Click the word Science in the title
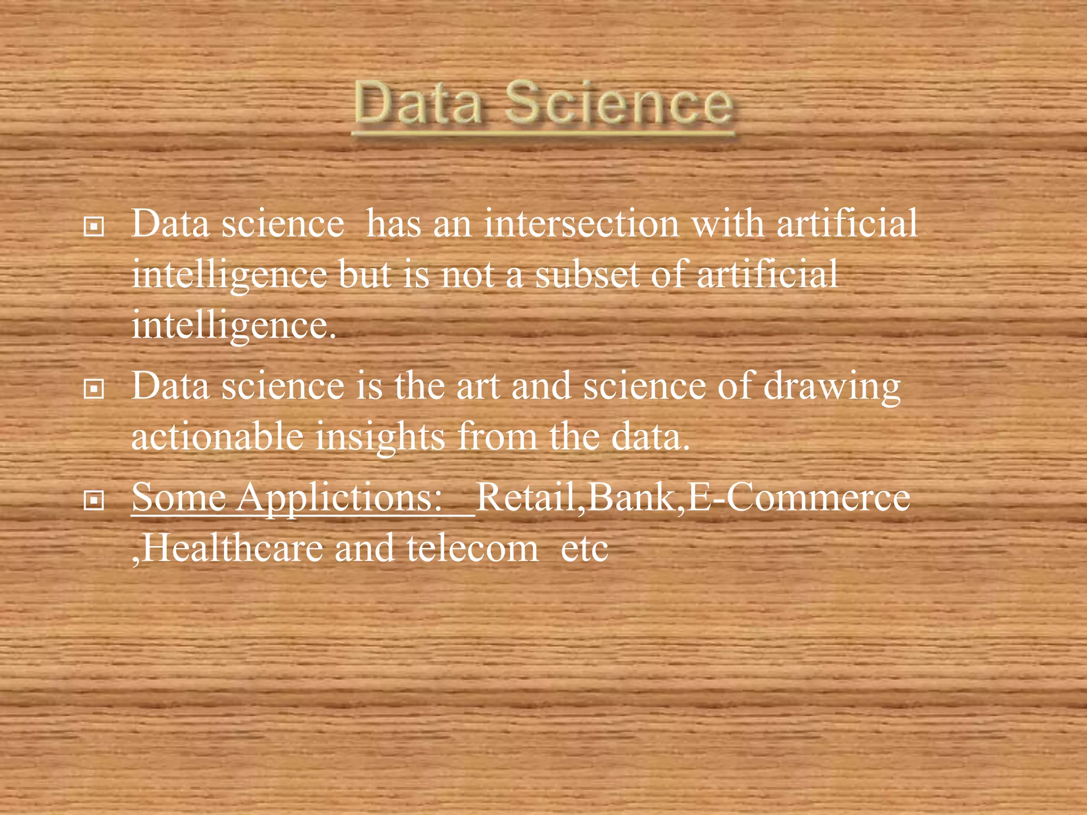pyautogui.click(x=619, y=103)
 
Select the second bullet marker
pyautogui.click(x=94, y=390)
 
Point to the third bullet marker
pyautogui.click(x=94, y=500)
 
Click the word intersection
pyautogui.click(x=581, y=224)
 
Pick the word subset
pyautogui.click(x=587, y=275)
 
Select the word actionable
pyautogui.click(x=217, y=437)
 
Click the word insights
pyautogui.click(x=380, y=437)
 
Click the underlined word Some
pyautogui.click(x=179, y=498)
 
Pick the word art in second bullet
pyautogui.click(x=478, y=386)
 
